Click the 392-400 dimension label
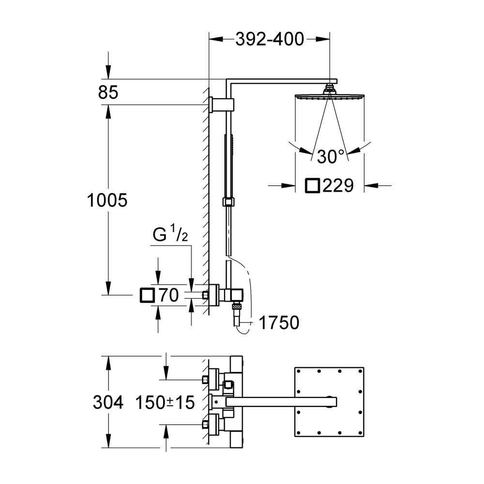pos(270,39)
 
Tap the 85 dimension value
pos(108,92)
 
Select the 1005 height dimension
pos(107,200)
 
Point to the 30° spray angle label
pos(330,156)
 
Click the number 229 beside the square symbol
pos(338,185)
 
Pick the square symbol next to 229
pos(312,185)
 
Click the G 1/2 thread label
pos(170,235)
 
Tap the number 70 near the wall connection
pos(168,295)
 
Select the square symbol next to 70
pos(147,295)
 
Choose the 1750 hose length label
pos(279,322)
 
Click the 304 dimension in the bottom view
pos(108,402)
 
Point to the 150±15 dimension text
pos(165,402)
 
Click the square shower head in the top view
pos(329,402)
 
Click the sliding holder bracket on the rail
pos(228,202)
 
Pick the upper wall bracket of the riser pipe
pos(222,105)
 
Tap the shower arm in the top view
pos(281,402)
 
